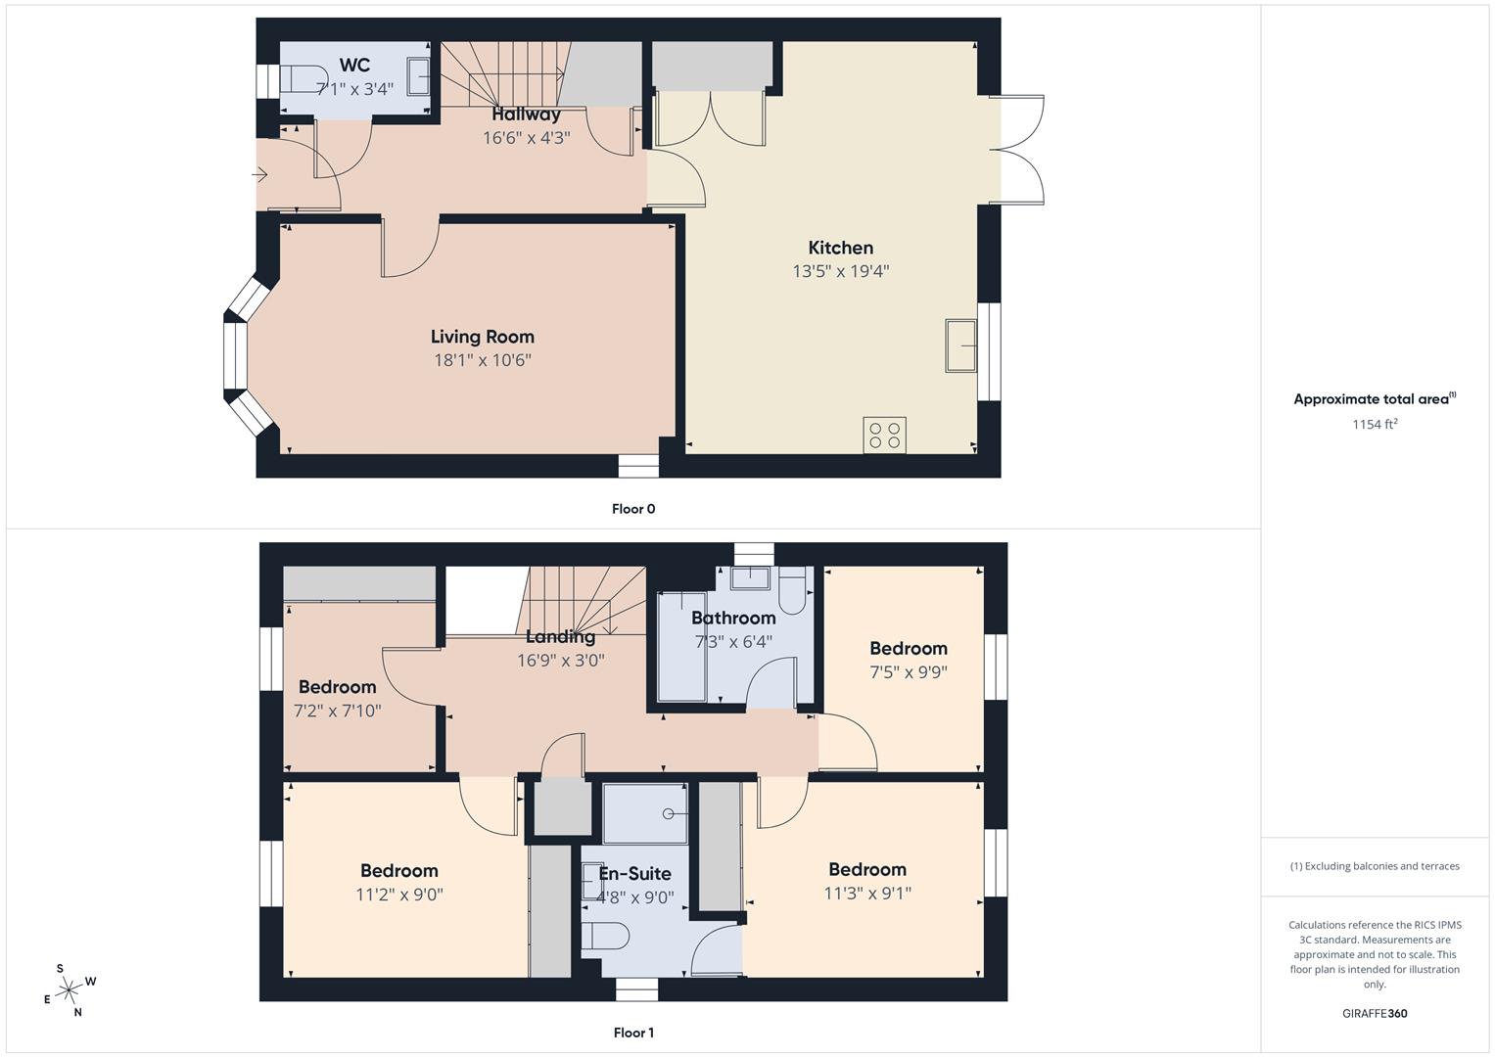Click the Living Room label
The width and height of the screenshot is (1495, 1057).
point(482,337)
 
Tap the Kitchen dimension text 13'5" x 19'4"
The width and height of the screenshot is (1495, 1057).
point(840,271)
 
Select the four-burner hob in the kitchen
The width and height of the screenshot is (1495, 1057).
point(884,435)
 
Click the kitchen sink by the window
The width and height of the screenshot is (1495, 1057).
point(960,345)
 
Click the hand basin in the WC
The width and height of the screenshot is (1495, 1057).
point(418,76)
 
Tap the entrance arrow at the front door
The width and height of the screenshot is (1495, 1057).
point(259,175)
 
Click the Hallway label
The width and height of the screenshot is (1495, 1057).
point(526,115)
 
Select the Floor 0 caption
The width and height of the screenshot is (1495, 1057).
point(632,509)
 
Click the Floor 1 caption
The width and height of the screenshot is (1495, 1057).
point(632,1033)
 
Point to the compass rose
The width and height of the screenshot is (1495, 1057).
point(69,990)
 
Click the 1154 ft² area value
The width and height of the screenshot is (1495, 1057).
point(1374,425)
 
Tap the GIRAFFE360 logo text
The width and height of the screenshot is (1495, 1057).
point(1374,1014)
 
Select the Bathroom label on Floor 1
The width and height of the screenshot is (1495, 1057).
point(733,619)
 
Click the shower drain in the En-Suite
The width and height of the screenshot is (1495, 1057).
point(669,813)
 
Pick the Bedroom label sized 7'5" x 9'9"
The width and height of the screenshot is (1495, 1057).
point(908,649)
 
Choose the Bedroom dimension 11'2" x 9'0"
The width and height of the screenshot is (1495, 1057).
point(399,895)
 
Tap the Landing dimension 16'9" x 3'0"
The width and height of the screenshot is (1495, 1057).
point(560,661)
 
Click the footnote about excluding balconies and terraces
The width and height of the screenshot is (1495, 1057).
point(1374,866)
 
